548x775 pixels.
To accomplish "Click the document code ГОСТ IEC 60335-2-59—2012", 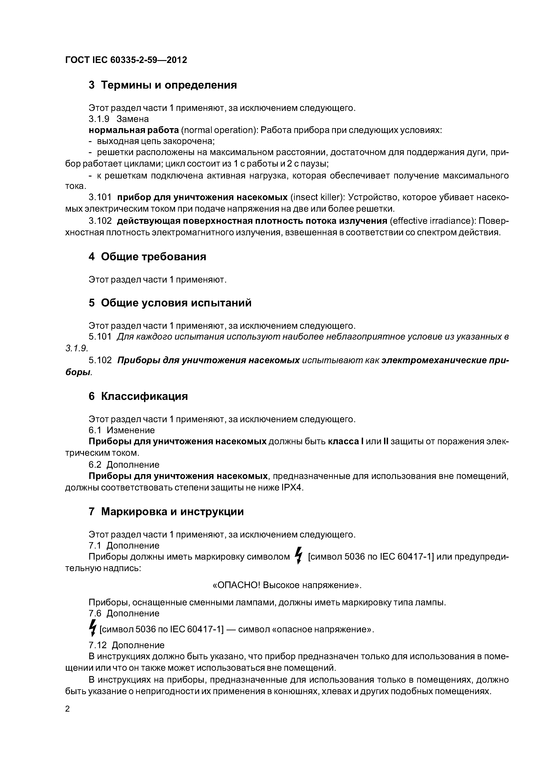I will pyautogui.click(x=126, y=60).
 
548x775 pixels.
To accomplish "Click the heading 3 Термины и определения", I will pyautogui.click(x=162, y=85).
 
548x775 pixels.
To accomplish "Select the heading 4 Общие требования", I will pyautogui.click(x=147, y=257).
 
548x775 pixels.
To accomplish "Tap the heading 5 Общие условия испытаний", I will pyautogui.click(x=170, y=303).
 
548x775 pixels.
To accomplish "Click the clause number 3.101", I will pyautogui.click(x=100, y=197).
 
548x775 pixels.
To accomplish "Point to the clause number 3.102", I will pyautogui.click(x=100, y=221).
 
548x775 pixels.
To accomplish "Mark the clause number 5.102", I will pyautogui.click(x=100, y=361).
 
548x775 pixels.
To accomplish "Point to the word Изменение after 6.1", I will pyautogui.click(x=131, y=430).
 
